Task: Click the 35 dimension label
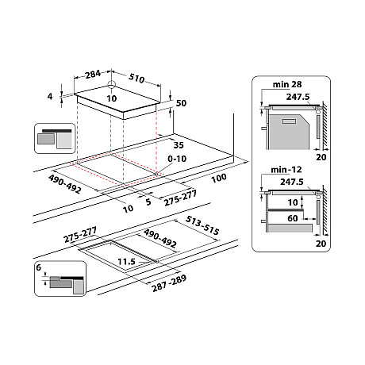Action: tap(179, 145)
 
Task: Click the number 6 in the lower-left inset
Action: tap(38, 270)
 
